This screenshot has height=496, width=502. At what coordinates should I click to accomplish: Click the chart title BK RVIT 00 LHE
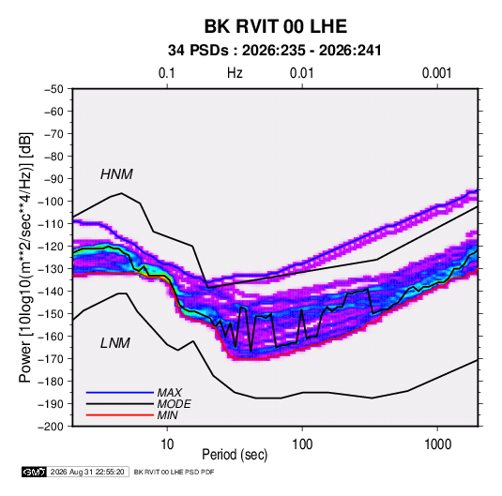pos(275,26)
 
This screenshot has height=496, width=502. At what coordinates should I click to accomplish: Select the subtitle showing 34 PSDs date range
pos(275,51)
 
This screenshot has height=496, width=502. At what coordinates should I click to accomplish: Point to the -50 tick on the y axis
pos(53,89)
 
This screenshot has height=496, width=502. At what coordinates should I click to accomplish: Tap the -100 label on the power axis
pos(51,202)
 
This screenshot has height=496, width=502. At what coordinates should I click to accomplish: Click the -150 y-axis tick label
pos(51,314)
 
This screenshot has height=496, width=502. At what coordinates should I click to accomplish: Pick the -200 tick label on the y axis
pos(51,427)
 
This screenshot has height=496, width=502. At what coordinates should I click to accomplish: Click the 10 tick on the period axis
pos(167,444)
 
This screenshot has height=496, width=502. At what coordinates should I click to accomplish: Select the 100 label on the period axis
pos(302,444)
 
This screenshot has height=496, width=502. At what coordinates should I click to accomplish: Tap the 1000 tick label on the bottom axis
pos(437,444)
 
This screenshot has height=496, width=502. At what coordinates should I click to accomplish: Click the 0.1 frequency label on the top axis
pos(167,73)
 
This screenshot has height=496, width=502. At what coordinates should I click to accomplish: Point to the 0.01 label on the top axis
pos(302,73)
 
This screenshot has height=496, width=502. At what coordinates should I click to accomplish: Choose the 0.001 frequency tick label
pos(437,73)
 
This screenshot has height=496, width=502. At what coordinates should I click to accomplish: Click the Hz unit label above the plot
pos(235,73)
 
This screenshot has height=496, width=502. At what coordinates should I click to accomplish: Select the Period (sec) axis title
pos(235,455)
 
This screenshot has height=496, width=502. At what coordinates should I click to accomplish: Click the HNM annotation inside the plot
pos(116,174)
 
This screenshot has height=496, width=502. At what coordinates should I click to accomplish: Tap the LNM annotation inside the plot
pos(115,343)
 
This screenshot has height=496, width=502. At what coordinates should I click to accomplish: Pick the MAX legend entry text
pos(170,393)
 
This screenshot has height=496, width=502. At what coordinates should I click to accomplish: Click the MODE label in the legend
pos(175,404)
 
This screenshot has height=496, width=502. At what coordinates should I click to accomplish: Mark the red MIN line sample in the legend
pos(120,415)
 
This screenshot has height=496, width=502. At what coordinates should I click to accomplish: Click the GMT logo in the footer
pos(34,472)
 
